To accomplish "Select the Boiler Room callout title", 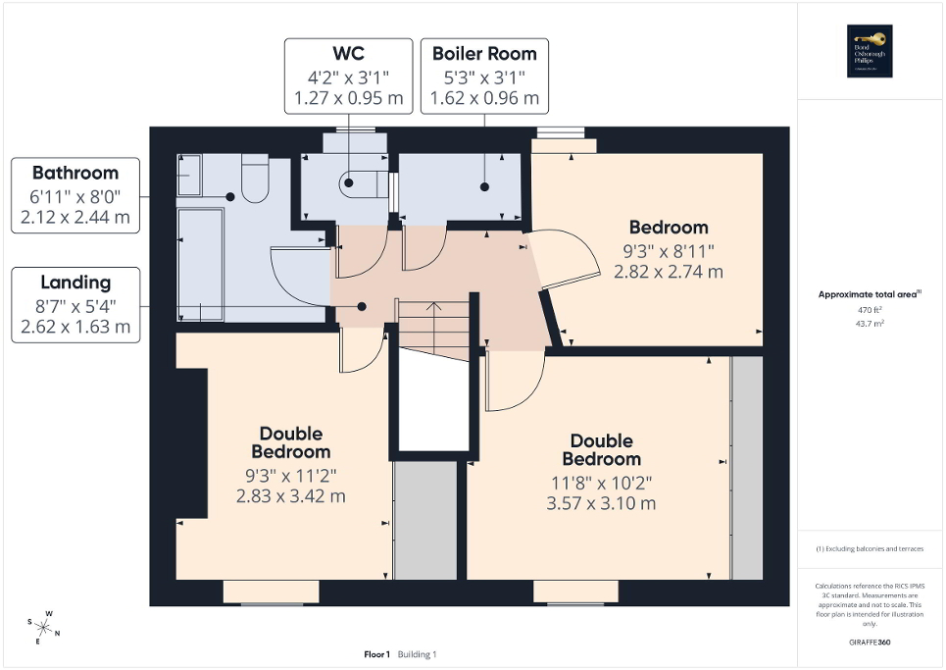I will click(484, 52).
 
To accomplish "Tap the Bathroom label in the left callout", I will click(75, 173).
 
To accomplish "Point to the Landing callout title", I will click(75, 283).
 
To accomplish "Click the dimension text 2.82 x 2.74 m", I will click(668, 271).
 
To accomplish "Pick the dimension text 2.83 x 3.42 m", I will click(290, 495).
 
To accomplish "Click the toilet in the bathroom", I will click(255, 180).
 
